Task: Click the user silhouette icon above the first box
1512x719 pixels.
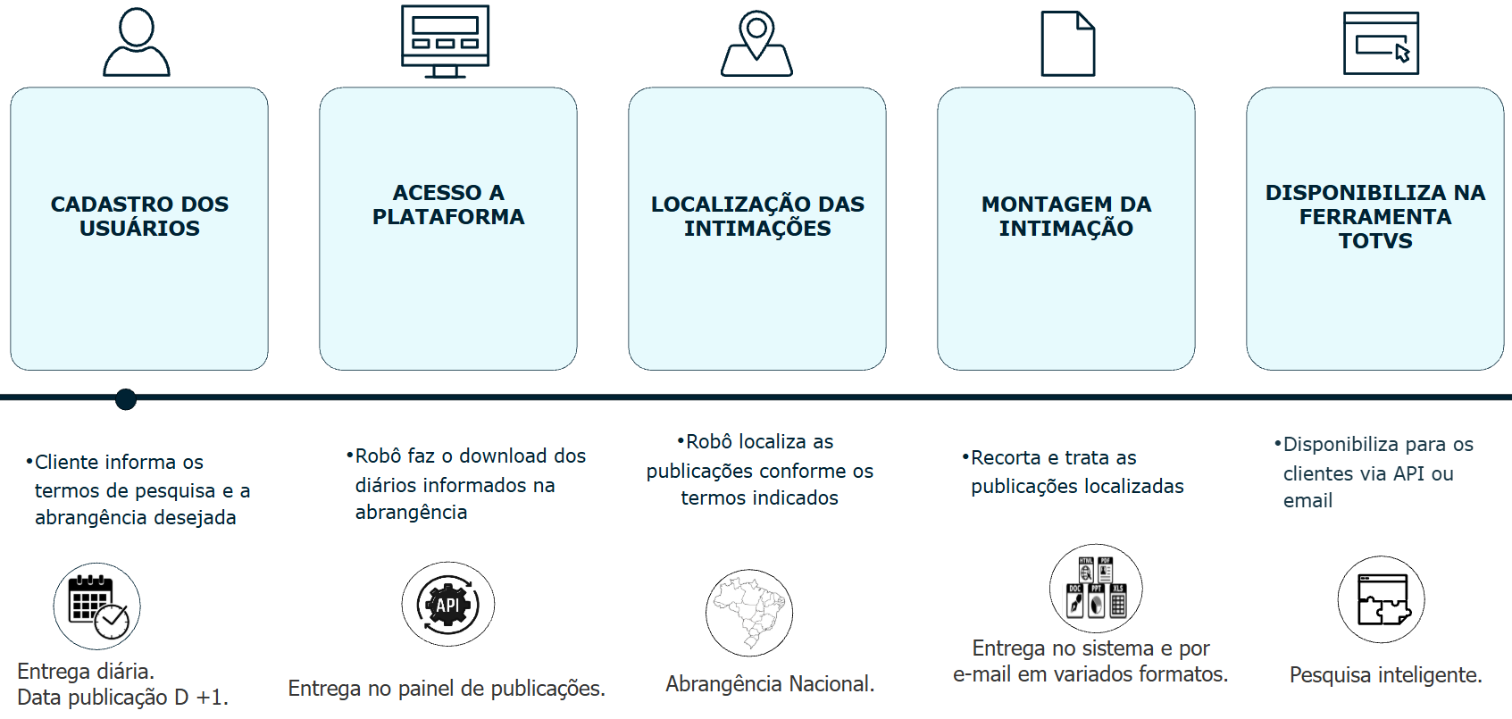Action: coord(137,43)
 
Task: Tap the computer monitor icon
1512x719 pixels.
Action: coord(445,41)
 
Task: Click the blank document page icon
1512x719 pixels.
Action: coord(1068,44)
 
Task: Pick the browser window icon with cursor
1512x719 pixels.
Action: coord(1381,43)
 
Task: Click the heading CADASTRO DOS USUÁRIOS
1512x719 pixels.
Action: coord(139,216)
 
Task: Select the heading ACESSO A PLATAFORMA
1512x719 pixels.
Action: coord(448,205)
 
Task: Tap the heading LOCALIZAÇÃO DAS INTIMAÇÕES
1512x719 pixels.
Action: coord(757,216)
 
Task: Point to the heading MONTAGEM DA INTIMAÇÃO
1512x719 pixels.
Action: coord(1066,216)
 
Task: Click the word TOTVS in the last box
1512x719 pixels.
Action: coord(1375,241)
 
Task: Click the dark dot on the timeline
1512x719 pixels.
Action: coord(126,398)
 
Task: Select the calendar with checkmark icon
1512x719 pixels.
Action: coord(97,606)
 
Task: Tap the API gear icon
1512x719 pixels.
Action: coord(447,605)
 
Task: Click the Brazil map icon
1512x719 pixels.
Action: coord(749,613)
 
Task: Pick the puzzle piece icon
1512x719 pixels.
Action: coord(1381,599)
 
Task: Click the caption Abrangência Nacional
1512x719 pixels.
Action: coord(770,684)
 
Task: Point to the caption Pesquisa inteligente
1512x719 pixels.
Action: coord(1385,675)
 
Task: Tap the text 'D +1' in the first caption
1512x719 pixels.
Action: coord(207,698)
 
